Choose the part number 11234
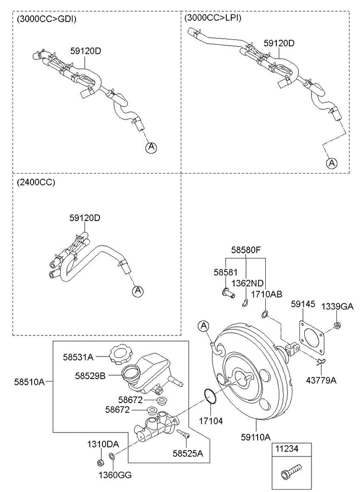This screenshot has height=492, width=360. (286, 449)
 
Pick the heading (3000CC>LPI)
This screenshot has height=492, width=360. (212, 18)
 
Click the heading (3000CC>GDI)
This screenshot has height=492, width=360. (47, 19)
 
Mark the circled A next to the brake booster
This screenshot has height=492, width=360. (204, 326)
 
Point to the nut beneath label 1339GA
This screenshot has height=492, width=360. (338, 326)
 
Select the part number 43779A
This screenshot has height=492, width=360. (321, 381)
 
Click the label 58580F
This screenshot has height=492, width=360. (246, 250)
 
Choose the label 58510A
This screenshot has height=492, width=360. (29, 382)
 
